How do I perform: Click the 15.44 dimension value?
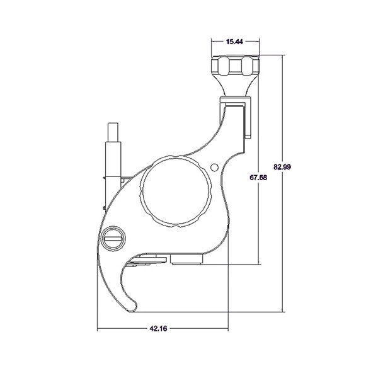coord(235,42)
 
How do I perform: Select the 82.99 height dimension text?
coord(282,166)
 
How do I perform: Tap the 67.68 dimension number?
coord(258,178)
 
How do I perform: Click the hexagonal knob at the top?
coord(235,66)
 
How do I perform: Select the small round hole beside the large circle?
coord(215,167)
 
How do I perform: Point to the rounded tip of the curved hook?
coord(130,307)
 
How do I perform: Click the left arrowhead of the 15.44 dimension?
coord(212,42)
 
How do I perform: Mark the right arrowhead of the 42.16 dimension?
coord(227,328)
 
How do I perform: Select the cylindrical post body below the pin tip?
coord(112,157)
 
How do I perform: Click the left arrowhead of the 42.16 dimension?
coord(99,328)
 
